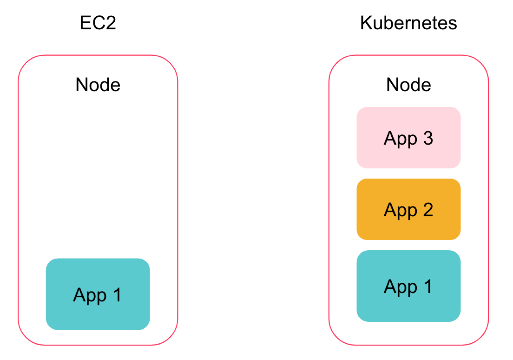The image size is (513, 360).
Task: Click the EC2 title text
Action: [98, 23]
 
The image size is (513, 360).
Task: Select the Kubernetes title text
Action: [408, 23]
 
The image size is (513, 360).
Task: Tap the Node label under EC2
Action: [98, 85]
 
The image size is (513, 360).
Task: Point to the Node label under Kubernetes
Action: [408, 85]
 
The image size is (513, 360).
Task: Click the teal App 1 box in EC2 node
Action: [98, 294]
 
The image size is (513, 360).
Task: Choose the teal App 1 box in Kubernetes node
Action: [408, 286]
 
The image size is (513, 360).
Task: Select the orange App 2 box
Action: [408, 209]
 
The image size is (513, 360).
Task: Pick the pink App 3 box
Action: [408, 138]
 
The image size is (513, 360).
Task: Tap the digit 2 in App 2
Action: [427, 210]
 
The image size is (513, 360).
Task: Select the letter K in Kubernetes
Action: [366, 23]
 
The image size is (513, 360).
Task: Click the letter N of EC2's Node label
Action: [81, 85]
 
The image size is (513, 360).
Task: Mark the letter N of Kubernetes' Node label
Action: [392, 85]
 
